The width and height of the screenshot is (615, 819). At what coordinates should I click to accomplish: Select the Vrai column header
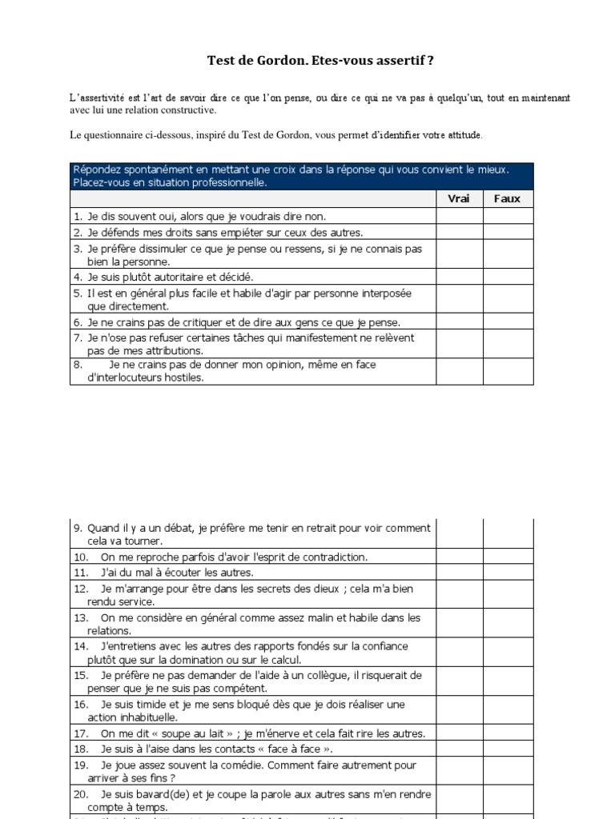(459, 198)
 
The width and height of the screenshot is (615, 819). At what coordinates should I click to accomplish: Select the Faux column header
(507, 198)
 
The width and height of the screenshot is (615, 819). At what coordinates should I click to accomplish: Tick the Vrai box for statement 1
(459, 216)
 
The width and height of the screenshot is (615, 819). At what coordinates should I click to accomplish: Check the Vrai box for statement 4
(459, 277)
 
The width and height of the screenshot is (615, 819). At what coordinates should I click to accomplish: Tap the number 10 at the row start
(81, 557)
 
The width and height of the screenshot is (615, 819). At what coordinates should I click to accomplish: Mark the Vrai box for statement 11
(459, 572)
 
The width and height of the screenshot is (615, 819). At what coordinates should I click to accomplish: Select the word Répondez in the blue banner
(99, 170)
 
